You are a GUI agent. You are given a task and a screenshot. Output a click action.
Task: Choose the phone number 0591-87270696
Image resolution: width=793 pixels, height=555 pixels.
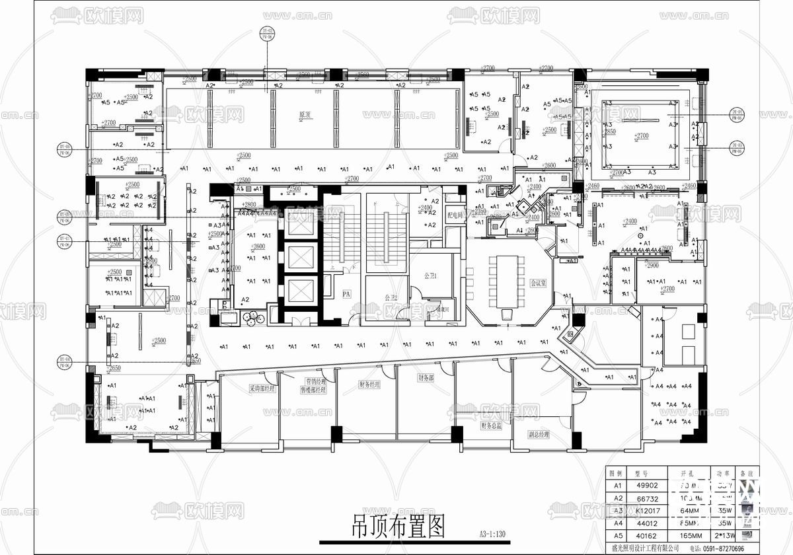tap(723, 548)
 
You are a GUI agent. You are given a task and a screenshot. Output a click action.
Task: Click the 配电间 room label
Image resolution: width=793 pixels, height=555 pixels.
tap(455, 215)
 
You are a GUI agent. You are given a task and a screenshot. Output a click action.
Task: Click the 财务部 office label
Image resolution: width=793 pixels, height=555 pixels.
tap(425, 379)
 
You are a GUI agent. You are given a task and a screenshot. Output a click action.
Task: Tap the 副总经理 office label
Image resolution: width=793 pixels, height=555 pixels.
tap(539, 435)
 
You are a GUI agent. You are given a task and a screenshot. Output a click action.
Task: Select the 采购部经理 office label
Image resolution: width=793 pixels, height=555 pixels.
tap(262, 389)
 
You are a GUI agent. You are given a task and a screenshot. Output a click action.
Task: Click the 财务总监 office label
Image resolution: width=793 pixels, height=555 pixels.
tap(492, 427)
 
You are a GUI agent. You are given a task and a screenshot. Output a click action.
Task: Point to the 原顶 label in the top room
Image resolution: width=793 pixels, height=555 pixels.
tap(304, 115)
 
